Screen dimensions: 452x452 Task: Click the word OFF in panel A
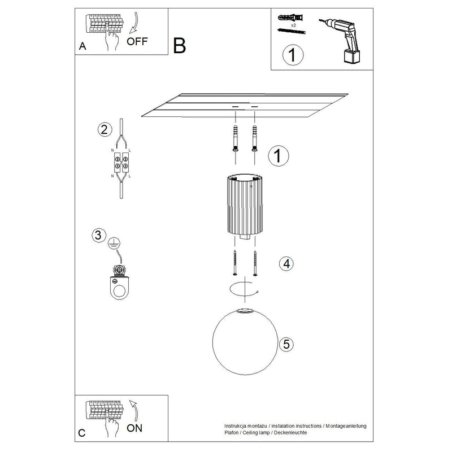(x=138, y=41)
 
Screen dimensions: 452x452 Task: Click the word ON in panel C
(x=135, y=428)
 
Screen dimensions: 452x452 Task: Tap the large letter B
(x=179, y=46)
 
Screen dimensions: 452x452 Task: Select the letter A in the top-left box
(x=82, y=47)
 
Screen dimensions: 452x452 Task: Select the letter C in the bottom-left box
(x=82, y=433)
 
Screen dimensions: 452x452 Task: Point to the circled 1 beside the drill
(x=292, y=55)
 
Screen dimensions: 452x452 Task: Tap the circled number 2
(x=103, y=129)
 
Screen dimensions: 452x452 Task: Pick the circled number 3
(x=99, y=235)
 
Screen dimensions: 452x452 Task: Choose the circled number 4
(x=286, y=263)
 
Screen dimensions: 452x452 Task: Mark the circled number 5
(x=286, y=343)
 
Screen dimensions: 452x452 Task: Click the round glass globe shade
(x=245, y=342)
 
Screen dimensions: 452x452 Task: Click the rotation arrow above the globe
(x=244, y=289)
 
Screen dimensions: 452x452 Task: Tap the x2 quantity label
(x=292, y=26)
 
